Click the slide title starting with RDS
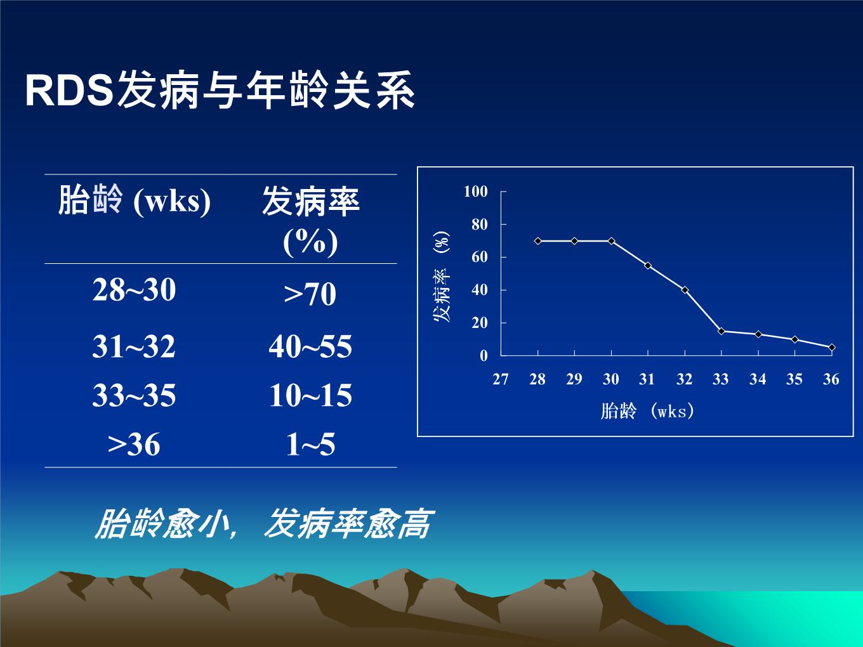coord(220,89)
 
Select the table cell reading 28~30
coord(134,290)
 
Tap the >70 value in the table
coord(310,294)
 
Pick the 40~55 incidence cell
coord(310,346)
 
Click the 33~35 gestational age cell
coord(134,395)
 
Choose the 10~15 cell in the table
coord(310,395)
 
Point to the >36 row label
coord(134,444)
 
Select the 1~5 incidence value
coord(310,444)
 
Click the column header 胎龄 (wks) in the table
coord(135,200)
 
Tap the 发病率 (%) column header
coord(310,221)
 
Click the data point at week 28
coord(538,241)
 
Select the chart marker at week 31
coord(648,266)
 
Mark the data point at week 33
coord(721,331)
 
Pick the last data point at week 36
coord(831,347)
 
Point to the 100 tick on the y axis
coord(476,192)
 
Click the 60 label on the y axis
coord(480,257)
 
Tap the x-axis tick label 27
coord(501,379)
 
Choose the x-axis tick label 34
coord(758,379)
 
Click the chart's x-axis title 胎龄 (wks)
coord(647,411)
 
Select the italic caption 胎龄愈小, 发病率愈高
coord(264,524)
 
